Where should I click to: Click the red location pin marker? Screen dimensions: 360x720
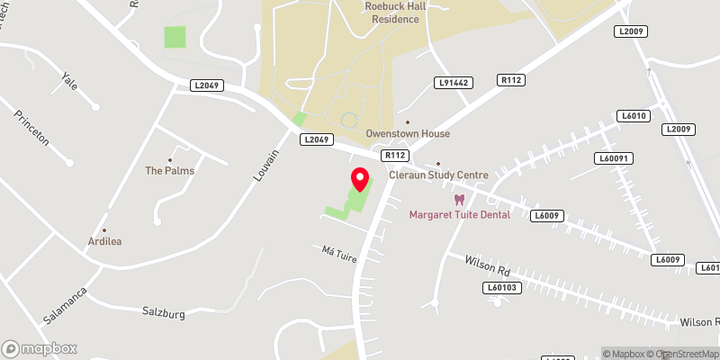(x=360, y=180)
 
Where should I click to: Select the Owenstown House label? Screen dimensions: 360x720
(x=407, y=133)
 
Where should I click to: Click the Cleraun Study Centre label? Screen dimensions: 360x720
(x=438, y=175)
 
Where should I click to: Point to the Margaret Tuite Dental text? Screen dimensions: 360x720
(x=459, y=214)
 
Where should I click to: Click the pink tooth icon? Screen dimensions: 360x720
(x=459, y=200)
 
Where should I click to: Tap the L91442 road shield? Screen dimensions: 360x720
(x=452, y=82)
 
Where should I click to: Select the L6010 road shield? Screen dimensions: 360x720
(x=634, y=116)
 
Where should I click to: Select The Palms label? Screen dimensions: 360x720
(x=169, y=170)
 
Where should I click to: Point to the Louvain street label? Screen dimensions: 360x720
(x=266, y=166)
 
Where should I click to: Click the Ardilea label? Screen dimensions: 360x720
(x=103, y=241)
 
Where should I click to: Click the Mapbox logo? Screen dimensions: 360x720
(x=40, y=348)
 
